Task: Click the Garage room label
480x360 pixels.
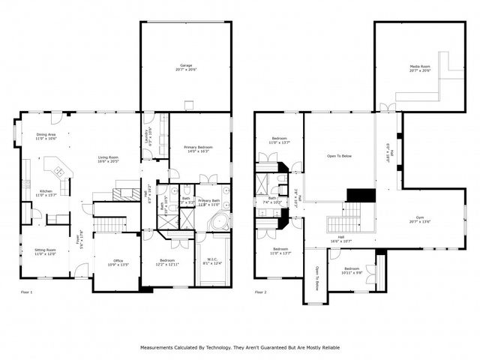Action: pos(185,67)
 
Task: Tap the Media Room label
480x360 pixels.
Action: pos(419,67)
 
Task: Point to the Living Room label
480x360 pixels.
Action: pos(109,159)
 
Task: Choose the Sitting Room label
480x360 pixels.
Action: pos(46,251)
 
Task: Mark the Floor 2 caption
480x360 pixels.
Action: pos(262,292)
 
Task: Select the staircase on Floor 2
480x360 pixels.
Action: pos(345,222)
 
